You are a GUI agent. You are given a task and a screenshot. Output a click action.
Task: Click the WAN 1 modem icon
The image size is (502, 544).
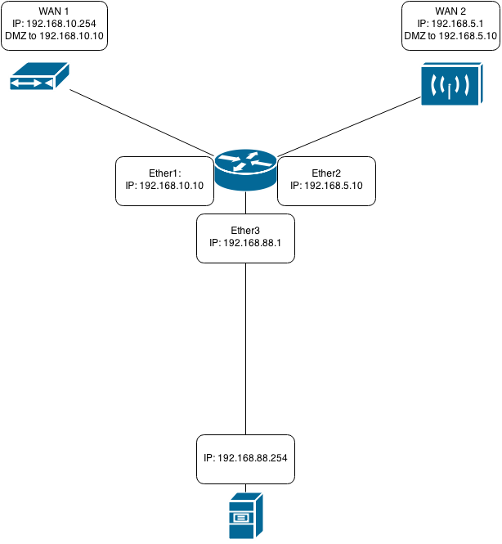click(39, 79)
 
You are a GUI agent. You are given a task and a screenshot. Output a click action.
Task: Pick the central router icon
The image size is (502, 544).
click(246, 170)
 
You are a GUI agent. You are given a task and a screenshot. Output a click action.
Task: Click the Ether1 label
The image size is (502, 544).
click(164, 173)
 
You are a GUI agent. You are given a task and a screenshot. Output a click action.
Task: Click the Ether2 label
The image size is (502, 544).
click(326, 173)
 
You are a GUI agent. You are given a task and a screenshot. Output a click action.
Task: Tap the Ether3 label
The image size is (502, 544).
click(245, 231)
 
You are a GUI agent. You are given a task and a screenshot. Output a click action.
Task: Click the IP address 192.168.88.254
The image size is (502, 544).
click(245, 457)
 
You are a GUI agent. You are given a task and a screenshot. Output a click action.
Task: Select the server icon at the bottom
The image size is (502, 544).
click(245, 515)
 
